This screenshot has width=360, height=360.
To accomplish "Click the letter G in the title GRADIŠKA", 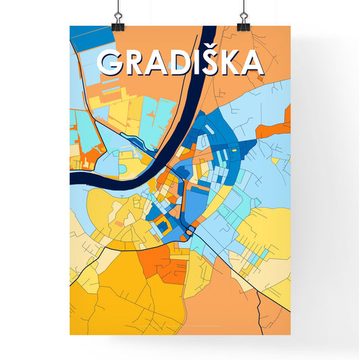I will tap(111, 62).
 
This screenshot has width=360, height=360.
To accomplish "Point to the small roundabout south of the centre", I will tap(190, 232).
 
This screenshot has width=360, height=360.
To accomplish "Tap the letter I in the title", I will tap(196, 62).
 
